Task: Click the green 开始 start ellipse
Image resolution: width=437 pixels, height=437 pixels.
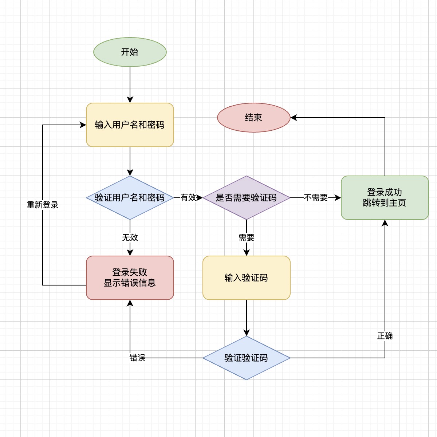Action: tap(130, 52)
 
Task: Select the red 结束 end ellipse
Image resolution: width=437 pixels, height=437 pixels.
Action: tap(253, 118)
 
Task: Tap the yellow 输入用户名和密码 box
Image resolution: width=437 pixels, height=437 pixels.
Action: tap(130, 125)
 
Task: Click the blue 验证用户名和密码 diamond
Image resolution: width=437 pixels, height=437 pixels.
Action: tap(130, 198)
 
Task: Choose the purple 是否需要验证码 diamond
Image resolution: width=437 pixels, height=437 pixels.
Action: tap(246, 198)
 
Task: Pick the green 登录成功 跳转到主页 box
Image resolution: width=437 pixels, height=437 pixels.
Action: tap(385, 198)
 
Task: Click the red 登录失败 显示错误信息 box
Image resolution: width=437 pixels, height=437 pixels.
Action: tap(130, 278)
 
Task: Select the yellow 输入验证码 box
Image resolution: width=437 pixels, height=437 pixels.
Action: tap(246, 278)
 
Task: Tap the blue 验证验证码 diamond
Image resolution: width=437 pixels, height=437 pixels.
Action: tap(246, 358)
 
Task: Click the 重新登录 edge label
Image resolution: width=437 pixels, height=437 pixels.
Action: tap(43, 205)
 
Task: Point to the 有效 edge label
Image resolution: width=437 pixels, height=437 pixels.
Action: tap(188, 198)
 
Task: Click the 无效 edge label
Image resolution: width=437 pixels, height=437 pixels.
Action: tap(130, 238)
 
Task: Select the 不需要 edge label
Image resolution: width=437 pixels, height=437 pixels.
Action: tap(316, 198)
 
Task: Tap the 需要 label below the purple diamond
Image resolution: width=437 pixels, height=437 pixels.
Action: tap(247, 238)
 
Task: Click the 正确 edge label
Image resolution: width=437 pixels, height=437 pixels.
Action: tap(385, 336)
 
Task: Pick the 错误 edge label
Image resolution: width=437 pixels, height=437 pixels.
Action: tap(137, 358)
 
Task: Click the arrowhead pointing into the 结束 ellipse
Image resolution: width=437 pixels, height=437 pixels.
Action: tap(294, 118)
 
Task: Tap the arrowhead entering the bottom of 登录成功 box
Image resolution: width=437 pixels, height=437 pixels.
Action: tap(385, 223)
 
